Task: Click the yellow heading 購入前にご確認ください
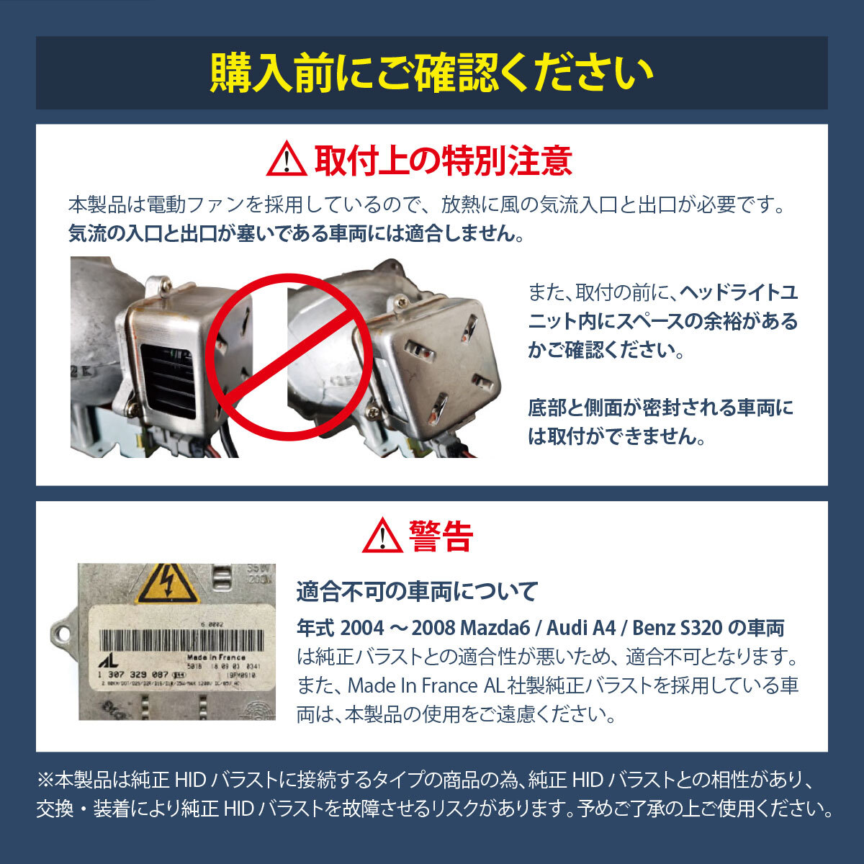[x=432, y=73]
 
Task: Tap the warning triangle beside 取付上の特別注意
[x=286, y=159]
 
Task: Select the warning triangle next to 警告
[x=382, y=536]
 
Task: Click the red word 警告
[x=441, y=536]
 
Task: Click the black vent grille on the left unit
[x=169, y=378]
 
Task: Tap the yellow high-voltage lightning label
[x=166, y=585]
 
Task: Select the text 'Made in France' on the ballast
[x=216, y=657]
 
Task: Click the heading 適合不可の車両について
[x=418, y=592]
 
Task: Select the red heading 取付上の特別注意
[x=443, y=160]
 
